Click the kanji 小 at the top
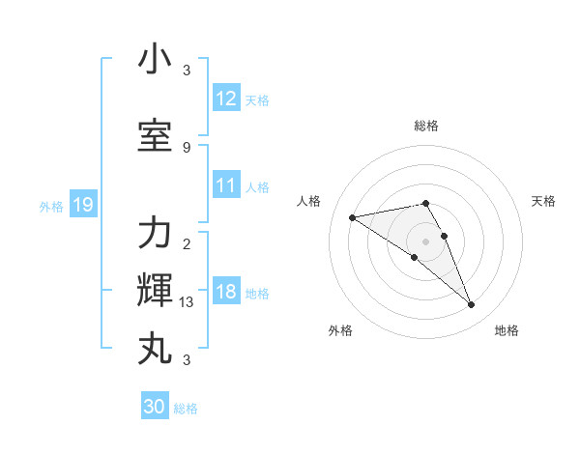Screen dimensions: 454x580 155,60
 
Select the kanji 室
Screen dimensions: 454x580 155,136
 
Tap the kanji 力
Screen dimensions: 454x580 155,234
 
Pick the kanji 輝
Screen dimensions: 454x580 155,291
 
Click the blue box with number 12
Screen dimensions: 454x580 226,99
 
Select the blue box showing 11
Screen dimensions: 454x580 226,185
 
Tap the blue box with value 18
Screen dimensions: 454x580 226,293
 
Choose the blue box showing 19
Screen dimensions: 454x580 83,205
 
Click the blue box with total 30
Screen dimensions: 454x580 155,407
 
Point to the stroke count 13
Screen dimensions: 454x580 187,302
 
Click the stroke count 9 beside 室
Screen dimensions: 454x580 187,147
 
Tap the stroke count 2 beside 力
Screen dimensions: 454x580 187,243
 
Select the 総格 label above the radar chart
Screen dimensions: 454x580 426,126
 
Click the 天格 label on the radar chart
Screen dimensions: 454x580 543,201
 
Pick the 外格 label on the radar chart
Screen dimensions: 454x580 340,330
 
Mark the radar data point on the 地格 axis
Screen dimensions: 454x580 472,305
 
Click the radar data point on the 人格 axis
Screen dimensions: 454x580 352,217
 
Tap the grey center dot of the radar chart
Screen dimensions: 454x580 426,241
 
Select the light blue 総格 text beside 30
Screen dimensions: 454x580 186,409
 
